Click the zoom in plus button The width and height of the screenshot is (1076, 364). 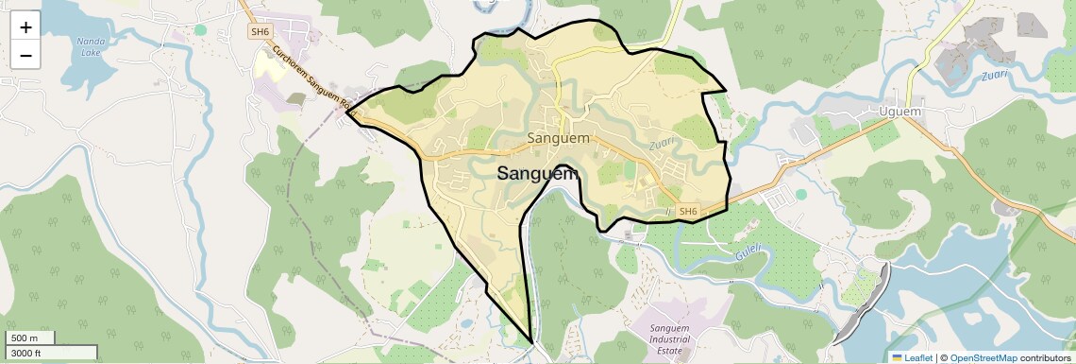[25, 27]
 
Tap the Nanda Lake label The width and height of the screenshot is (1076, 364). [91, 48]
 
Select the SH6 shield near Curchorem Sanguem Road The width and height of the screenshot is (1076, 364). [260, 32]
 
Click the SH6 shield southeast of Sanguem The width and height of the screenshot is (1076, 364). [688, 212]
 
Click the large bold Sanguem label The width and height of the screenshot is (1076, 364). [537, 173]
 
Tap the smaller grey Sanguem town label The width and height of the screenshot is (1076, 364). [559, 138]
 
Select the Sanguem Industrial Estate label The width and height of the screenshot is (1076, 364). [677, 338]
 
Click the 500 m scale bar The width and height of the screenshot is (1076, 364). [28, 338]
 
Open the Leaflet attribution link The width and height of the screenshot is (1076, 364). [912, 357]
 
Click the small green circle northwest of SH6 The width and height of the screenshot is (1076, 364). [200, 30]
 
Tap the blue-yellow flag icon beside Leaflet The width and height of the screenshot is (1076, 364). [897, 357]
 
